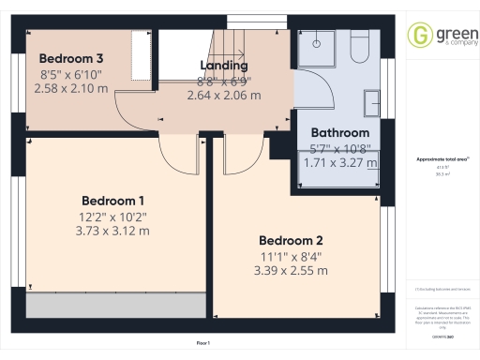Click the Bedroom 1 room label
(112, 201)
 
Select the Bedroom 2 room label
(291, 238)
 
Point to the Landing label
(224, 66)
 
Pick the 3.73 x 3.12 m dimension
(112, 231)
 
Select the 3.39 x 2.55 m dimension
(291, 270)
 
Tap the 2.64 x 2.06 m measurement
(224, 95)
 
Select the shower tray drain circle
(317, 41)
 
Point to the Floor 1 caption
(203, 345)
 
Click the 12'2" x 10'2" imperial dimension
(112, 217)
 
